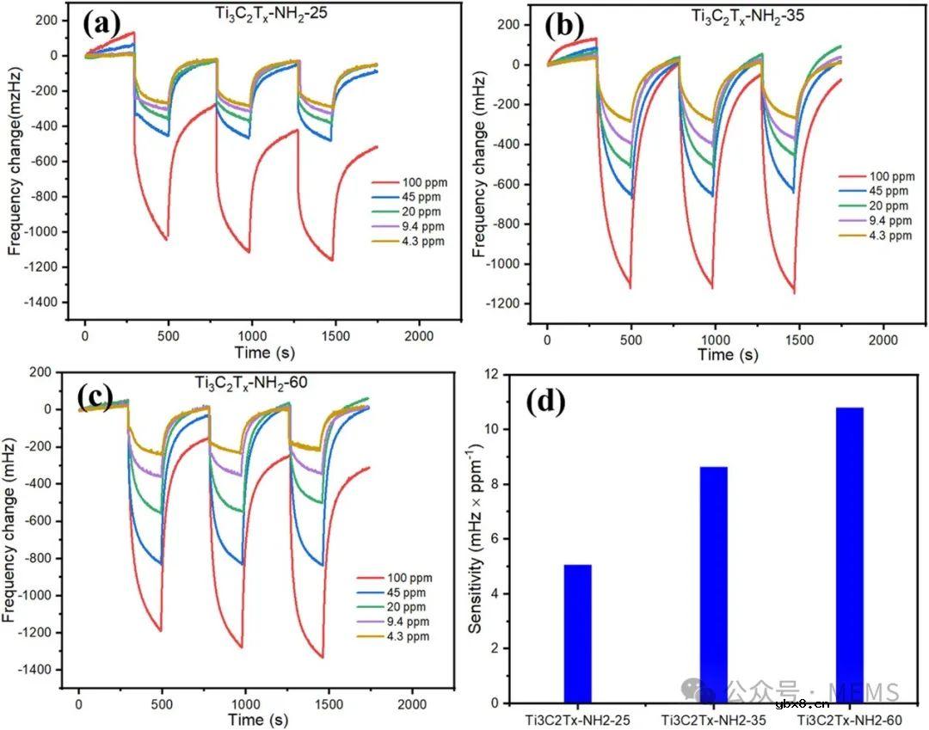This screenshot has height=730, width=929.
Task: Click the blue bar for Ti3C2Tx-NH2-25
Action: (577, 634)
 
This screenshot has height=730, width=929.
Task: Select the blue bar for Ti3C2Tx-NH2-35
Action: (713, 585)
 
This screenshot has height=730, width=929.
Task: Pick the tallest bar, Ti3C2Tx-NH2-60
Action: (849, 555)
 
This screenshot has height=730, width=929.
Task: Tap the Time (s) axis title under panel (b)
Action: (728, 354)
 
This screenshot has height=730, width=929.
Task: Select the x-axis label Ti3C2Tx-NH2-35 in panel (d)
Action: (713, 717)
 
